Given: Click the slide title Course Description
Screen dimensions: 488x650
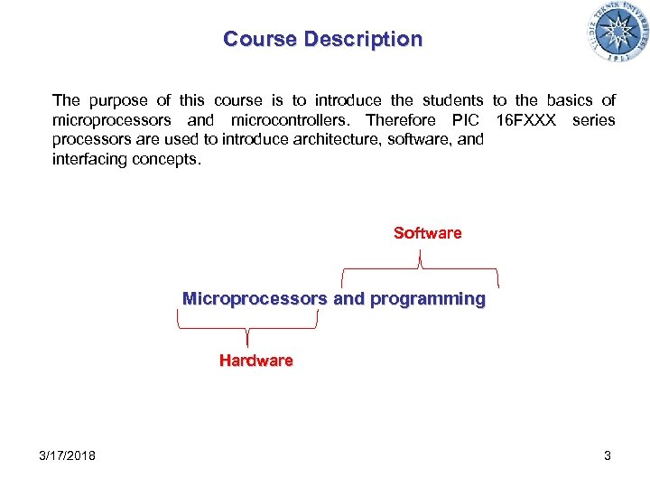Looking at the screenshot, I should click(322, 39).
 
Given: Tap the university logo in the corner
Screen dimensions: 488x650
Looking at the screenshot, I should click(617, 33).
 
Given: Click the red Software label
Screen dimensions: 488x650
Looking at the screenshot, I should click(427, 233).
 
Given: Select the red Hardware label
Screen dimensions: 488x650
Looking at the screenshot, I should click(255, 361).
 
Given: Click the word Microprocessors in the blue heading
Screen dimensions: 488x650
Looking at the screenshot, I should click(255, 298).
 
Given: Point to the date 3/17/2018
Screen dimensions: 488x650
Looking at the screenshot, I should click(68, 455).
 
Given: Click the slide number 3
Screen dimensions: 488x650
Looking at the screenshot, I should click(608, 455).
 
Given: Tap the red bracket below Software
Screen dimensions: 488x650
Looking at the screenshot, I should click(420, 268).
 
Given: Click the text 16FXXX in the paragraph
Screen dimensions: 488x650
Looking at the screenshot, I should click(527, 120).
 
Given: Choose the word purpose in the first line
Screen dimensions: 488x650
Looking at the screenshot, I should click(119, 100).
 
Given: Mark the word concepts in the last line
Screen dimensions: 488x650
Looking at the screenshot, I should click(173, 159).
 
